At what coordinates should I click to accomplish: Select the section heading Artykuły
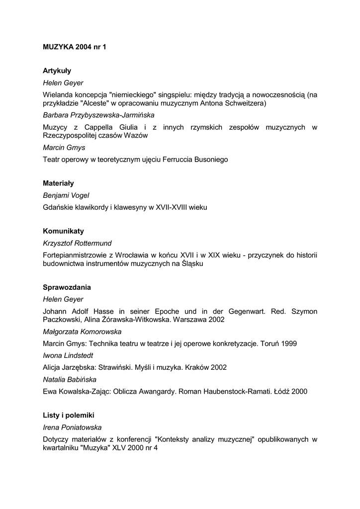(57, 71)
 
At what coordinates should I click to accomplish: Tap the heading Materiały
(58, 183)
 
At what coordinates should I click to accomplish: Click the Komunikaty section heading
(63, 232)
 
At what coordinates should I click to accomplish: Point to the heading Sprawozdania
(67, 288)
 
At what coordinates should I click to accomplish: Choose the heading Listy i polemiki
(69, 415)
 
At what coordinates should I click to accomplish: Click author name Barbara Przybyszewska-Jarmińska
(92, 115)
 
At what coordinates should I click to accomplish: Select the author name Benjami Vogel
(66, 195)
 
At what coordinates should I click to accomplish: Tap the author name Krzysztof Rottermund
(77, 244)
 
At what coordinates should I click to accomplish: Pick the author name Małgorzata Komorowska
(82, 332)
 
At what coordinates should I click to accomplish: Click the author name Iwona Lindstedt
(68, 355)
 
